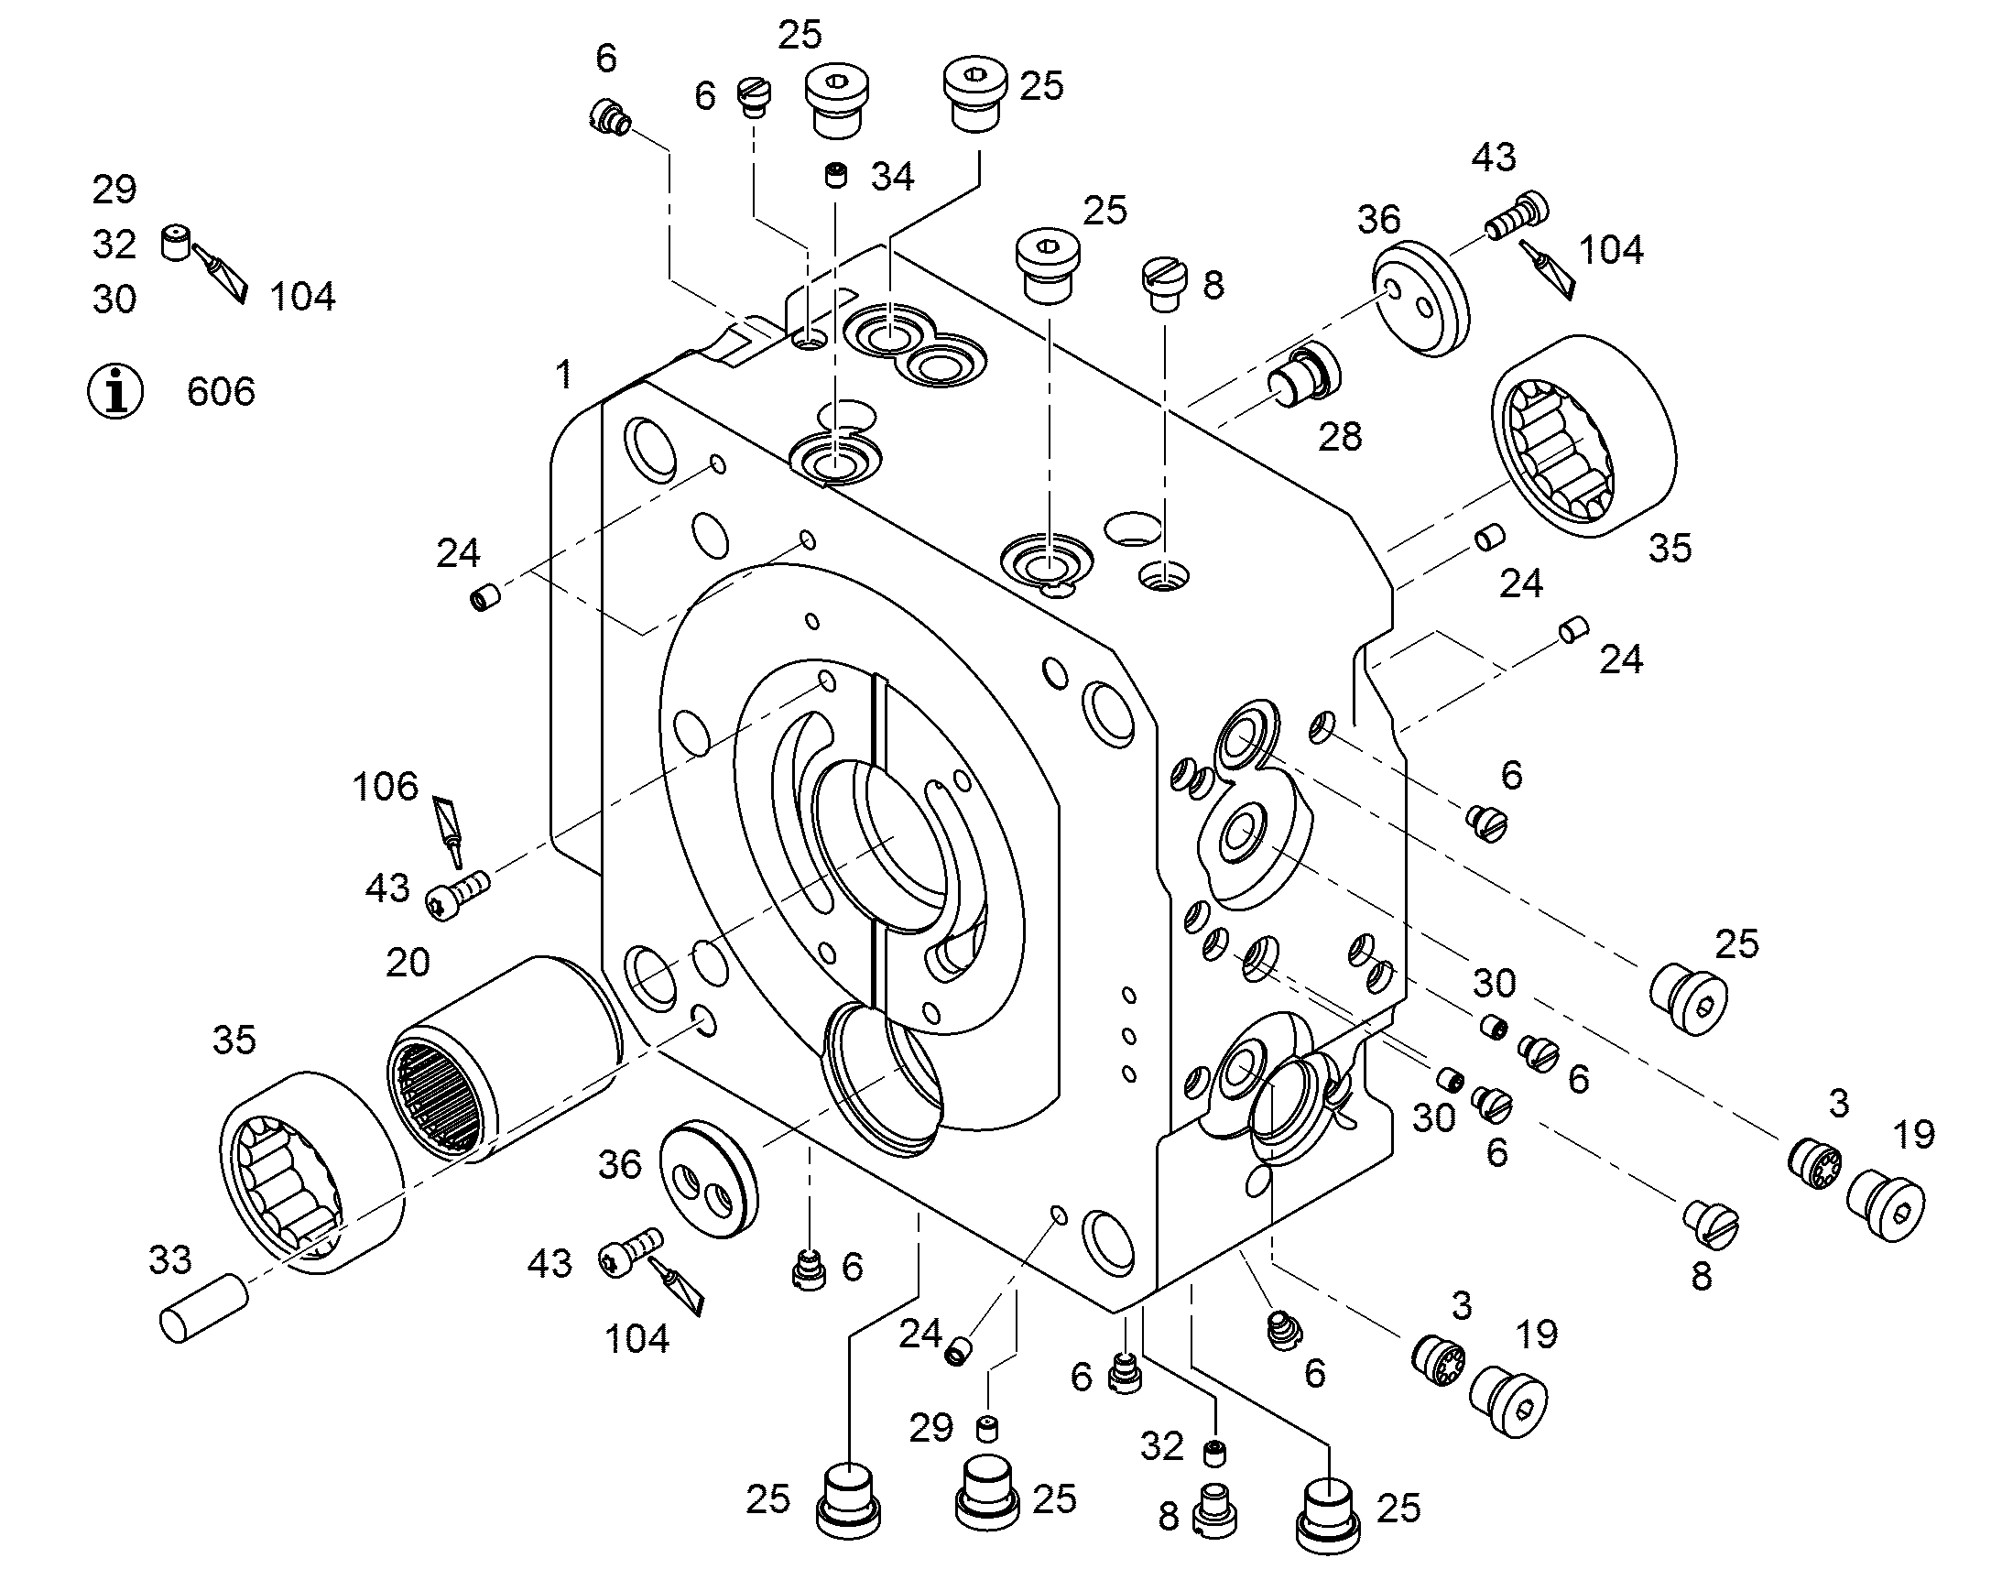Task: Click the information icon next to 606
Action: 114,391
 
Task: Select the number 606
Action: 221,392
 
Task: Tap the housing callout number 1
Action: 564,374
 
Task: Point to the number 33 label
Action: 171,1260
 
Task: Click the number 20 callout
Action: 408,963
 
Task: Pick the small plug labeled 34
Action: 835,174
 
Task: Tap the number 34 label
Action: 892,177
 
